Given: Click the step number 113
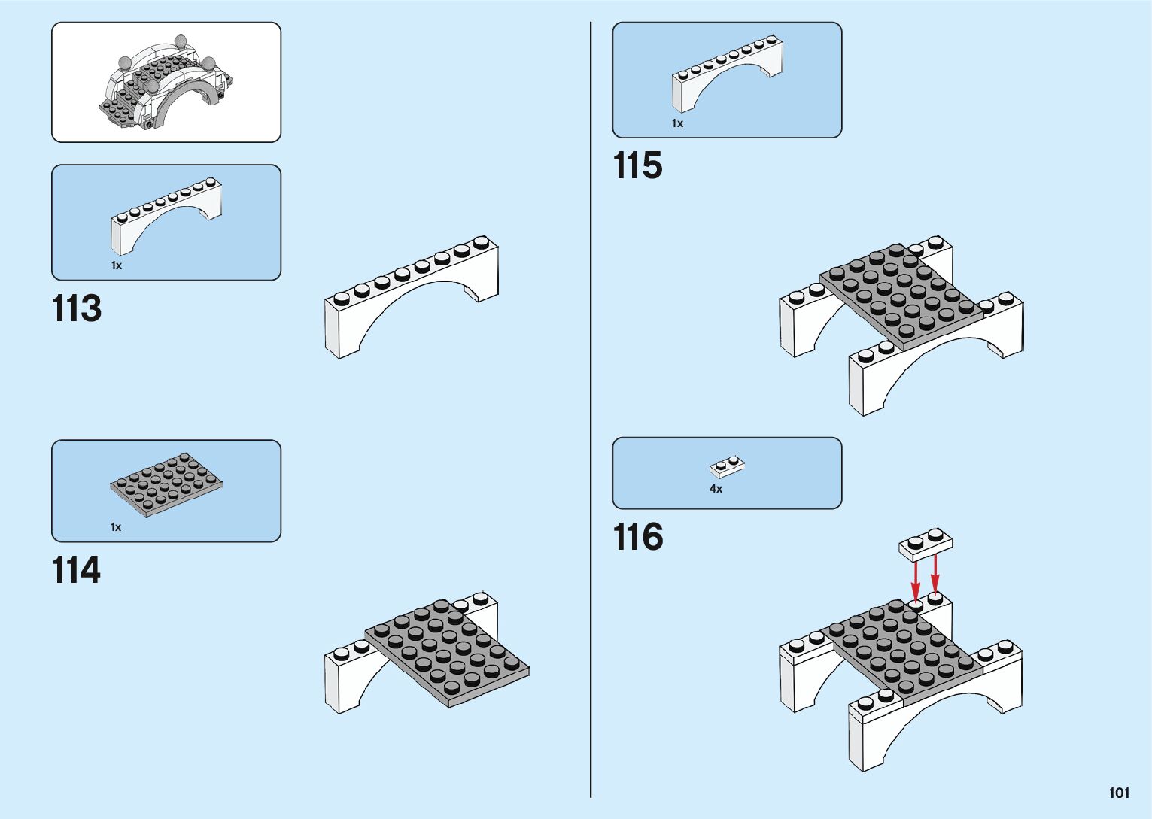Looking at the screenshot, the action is point(77,308).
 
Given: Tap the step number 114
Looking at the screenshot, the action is point(76,570).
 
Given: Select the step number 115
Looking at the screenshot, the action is point(638,165).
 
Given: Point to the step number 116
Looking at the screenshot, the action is point(638,537).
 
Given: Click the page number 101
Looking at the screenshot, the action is point(1119,793).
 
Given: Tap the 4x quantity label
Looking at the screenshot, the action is point(716,489).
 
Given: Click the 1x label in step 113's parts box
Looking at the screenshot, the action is point(117,265).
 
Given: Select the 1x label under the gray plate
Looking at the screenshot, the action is point(116,527).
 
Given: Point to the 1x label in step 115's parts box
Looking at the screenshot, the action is point(677,123).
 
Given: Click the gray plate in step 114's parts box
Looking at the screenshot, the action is point(166,485).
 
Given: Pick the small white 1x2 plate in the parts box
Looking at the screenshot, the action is point(728,467).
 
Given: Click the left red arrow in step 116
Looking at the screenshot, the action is point(916,579).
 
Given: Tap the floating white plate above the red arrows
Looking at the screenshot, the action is point(926,544).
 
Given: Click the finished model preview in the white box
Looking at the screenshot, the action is point(166,83).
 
